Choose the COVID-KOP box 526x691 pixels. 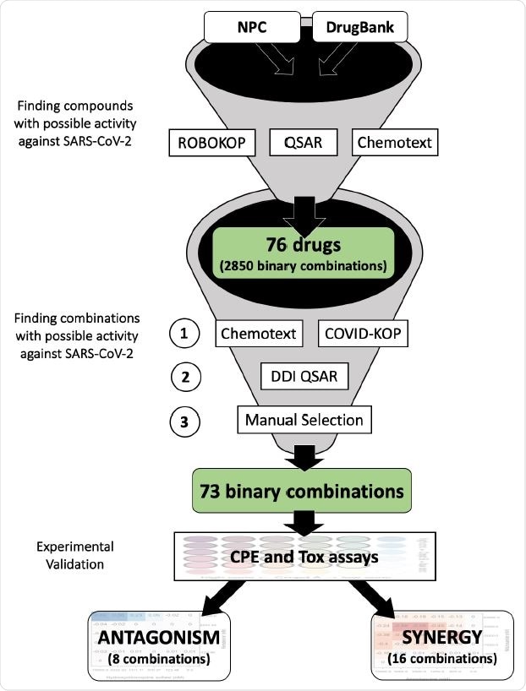(364, 334)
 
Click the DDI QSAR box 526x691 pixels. (304, 376)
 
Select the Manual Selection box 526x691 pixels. (304, 419)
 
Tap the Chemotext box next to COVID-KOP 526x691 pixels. (258, 334)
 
